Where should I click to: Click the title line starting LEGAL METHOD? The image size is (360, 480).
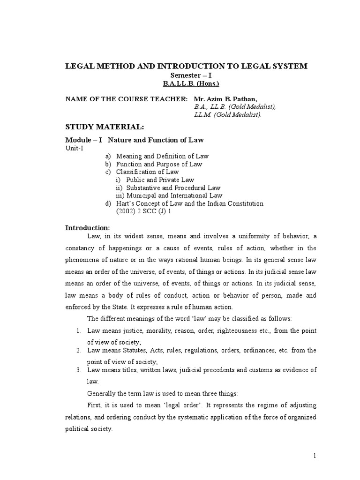pyautogui.click(x=186, y=66)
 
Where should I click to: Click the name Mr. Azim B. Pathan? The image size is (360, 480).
pyautogui.click(x=218, y=99)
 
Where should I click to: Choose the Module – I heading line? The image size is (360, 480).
pyautogui.click(x=134, y=140)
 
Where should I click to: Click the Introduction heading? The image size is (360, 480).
pyautogui.click(x=87, y=227)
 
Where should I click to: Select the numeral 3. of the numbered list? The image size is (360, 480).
pyautogui.click(x=79, y=370)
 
